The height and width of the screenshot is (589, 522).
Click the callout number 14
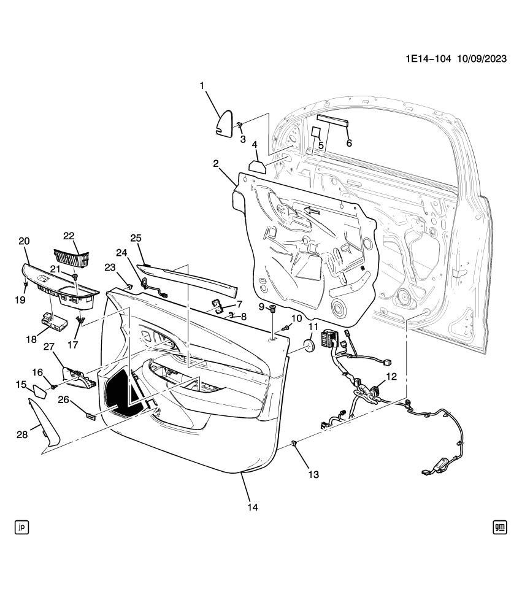coord(252,507)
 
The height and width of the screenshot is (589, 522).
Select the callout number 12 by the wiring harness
coord(390,377)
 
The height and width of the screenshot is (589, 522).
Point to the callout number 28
coord(22,434)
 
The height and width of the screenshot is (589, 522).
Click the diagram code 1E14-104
coord(428,59)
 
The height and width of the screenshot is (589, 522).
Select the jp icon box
coord(22,526)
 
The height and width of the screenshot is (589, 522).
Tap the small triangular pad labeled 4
coord(256,166)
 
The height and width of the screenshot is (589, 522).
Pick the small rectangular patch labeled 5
coord(315,133)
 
